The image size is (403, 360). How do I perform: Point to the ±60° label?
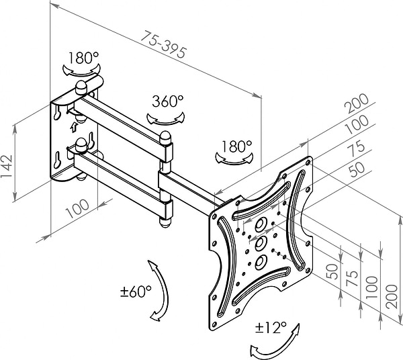coord(136,294)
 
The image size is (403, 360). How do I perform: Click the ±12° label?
coord(271,328)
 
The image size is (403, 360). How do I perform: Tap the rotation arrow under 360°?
coord(165,118)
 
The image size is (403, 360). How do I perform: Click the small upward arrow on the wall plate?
coord(73,125)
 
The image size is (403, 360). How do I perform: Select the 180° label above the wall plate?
coord(81,58)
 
